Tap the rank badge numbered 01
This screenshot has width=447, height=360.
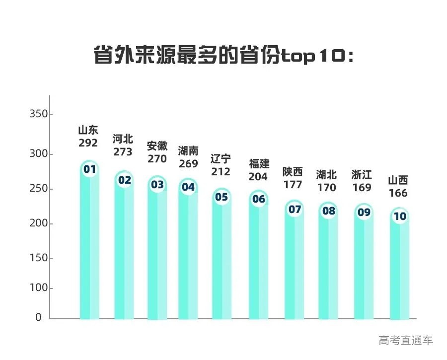(x=89, y=170)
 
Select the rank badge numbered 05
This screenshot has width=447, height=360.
(x=222, y=197)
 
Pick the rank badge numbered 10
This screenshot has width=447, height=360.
(x=400, y=216)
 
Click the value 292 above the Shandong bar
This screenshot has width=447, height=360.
(x=88, y=143)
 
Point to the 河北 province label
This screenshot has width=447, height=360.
(x=123, y=139)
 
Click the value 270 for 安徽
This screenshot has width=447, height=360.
(x=157, y=159)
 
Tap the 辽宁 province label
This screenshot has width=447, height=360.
(x=221, y=159)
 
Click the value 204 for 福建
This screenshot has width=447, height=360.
(x=259, y=176)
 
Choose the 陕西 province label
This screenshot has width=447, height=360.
(x=293, y=172)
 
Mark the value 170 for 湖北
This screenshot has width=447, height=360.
(x=326, y=187)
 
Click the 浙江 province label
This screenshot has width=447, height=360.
(x=362, y=175)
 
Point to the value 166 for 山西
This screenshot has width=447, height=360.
(x=398, y=193)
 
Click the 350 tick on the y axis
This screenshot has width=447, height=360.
(x=38, y=114)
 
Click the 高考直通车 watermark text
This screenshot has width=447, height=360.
(x=406, y=341)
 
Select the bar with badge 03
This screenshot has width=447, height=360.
(x=157, y=258)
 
